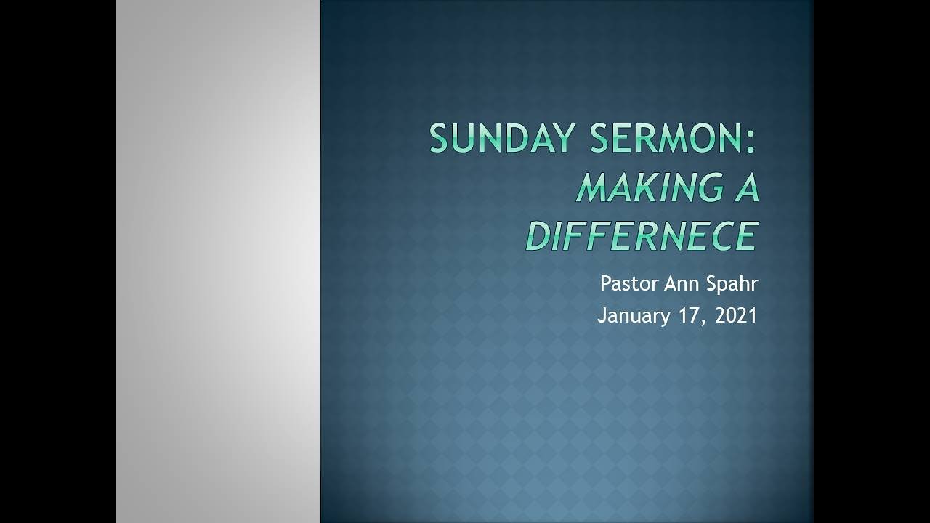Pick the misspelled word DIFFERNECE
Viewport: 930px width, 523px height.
[x=642, y=236]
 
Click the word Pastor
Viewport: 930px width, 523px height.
[x=629, y=283]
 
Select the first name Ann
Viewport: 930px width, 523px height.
[x=681, y=283]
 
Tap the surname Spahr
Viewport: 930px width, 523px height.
[x=730, y=284]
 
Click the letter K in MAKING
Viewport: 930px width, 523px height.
[x=634, y=188]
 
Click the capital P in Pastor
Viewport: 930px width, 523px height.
[x=605, y=283]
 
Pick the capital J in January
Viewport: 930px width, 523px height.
[x=602, y=315]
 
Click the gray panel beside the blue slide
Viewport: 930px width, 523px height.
[x=218, y=261]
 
